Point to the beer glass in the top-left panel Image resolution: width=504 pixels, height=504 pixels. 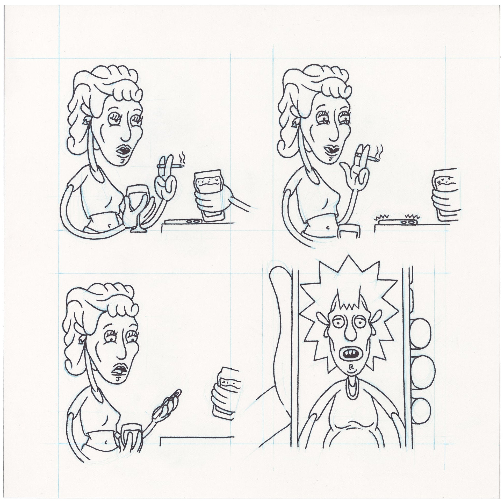[x=209, y=192]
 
